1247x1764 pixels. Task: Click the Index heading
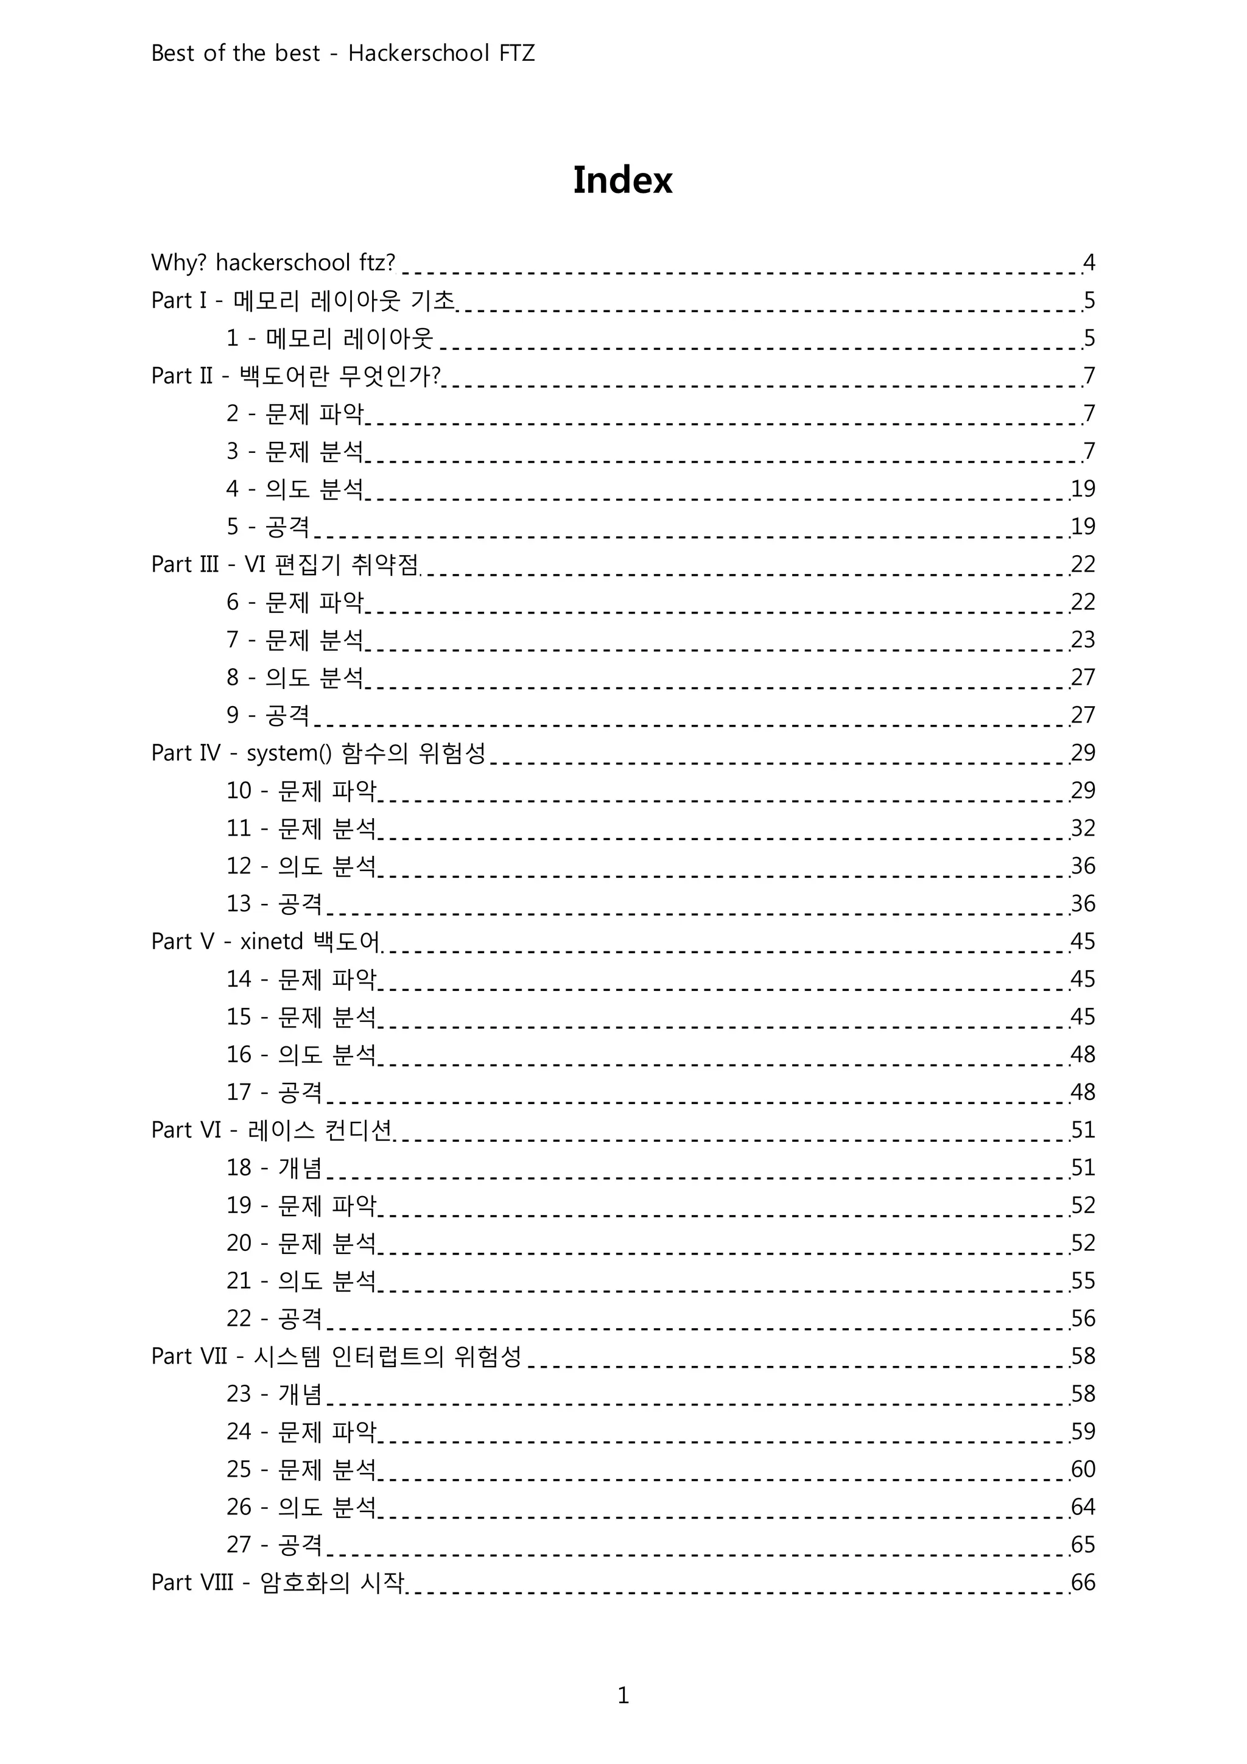pyautogui.click(x=622, y=181)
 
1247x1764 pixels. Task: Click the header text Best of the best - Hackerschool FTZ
pyautogui.click(x=343, y=53)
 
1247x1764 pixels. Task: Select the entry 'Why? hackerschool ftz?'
pyautogui.click(x=273, y=263)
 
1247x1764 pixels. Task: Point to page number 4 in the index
pyautogui.click(x=1089, y=263)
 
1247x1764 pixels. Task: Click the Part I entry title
pyautogui.click(x=303, y=301)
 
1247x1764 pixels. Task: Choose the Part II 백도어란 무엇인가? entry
pyautogui.click(x=296, y=376)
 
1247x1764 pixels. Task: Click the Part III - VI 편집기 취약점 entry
pyautogui.click(x=285, y=565)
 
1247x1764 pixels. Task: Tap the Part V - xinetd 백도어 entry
pyautogui.click(x=266, y=941)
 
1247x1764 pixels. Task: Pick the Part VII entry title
pyautogui.click(x=335, y=1356)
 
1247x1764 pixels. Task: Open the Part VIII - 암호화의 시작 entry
pyautogui.click(x=278, y=1583)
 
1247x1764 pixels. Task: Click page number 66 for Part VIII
pyautogui.click(x=1083, y=1583)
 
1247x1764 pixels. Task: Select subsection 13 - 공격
pyautogui.click(x=273, y=903)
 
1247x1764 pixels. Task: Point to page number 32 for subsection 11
pyautogui.click(x=1083, y=828)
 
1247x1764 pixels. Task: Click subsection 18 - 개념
pyautogui.click(x=273, y=1168)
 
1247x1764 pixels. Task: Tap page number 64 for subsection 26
pyautogui.click(x=1083, y=1507)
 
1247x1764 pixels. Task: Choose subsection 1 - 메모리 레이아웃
pyautogui.click(x=329, y=338)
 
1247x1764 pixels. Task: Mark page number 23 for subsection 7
pyautogui.click(x=1083, y=640)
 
